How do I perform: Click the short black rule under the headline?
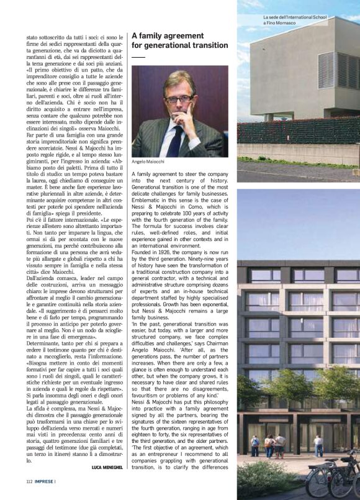138,57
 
